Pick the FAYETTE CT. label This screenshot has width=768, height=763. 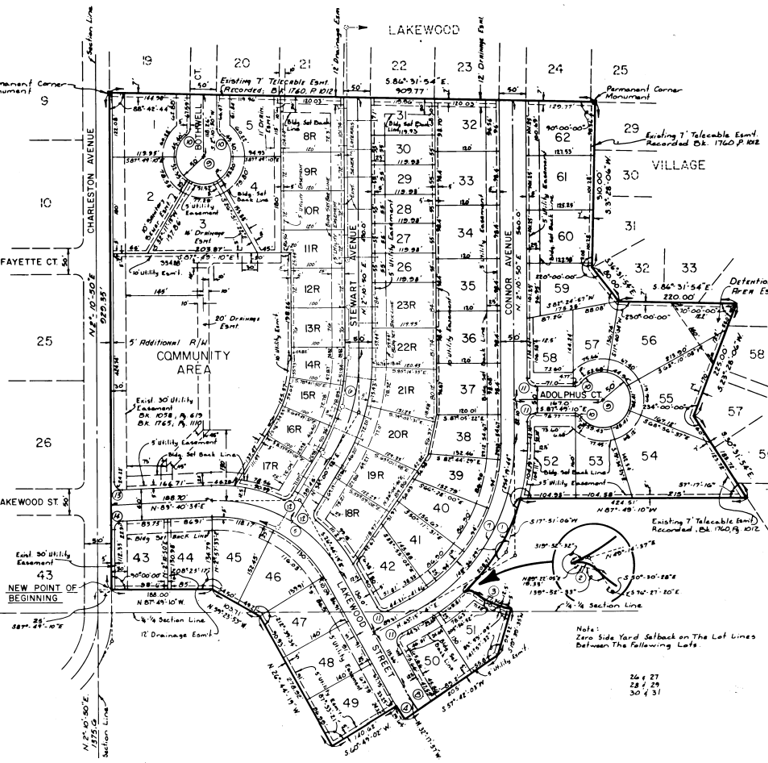coord(29,262)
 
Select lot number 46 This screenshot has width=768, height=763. coord(272,576)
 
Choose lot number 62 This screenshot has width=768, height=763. coord(562,137)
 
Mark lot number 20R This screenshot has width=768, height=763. coord(399,434)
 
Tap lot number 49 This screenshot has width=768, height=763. coord(350,703)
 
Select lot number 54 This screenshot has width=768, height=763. coord(650,456)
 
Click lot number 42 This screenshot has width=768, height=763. coord(388,565)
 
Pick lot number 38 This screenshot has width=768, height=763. coord(462,436)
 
